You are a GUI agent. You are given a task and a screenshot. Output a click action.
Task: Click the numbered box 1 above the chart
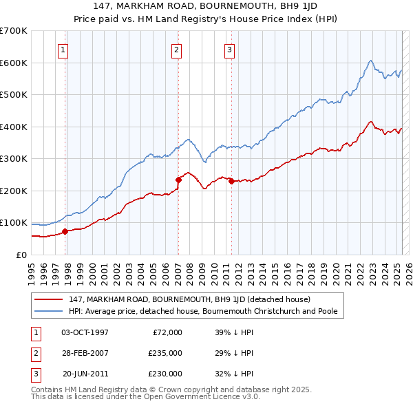[63, 50]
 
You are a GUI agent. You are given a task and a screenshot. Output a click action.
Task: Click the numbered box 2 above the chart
[177, 50]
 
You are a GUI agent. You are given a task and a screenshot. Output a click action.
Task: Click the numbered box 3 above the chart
[229, 50]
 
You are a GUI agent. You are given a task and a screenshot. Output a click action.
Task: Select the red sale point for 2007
[178, 180]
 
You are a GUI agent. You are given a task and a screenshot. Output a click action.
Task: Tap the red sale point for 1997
[65, 231]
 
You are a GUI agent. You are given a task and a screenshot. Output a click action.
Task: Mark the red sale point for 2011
[231, 181]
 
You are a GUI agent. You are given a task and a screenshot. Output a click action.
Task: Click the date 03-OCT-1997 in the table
[85, 332]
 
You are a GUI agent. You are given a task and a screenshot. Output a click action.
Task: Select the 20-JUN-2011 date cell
[85, 374]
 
